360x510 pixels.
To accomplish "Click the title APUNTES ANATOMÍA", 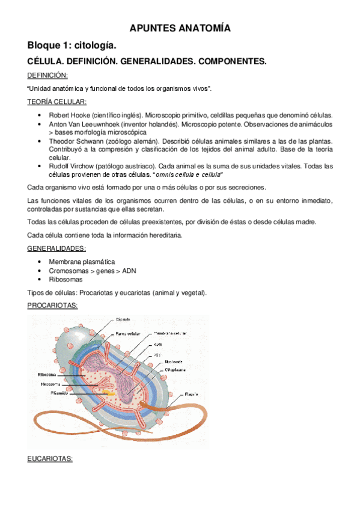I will pos(180,28).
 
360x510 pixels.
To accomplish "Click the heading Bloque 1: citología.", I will pos(75,46).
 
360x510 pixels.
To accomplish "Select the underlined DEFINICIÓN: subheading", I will pos(47,75).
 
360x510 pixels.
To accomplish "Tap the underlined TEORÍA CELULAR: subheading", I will pos(57,102).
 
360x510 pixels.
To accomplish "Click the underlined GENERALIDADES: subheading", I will pos(56,249).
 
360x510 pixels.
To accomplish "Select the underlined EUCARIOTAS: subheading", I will pos(50,459).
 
